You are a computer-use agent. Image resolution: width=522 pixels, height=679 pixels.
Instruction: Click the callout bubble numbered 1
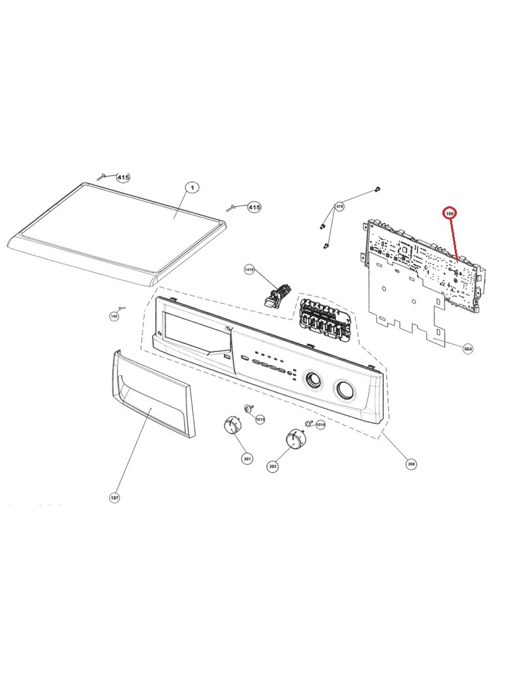tap(192, 187)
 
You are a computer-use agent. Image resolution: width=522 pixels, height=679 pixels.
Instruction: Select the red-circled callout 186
tap(450, 213)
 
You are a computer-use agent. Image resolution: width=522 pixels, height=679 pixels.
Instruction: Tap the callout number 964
tap(467, 349)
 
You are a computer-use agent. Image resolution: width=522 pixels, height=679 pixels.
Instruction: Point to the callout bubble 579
tap(339, 206)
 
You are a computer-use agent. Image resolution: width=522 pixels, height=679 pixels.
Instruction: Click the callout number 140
tap(114, 317)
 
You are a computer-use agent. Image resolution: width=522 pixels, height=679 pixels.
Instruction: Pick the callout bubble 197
tap(114, 498)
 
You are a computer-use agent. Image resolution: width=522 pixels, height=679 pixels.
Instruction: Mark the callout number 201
tap(247, 459)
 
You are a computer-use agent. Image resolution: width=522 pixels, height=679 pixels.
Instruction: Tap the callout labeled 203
tap(273, 466)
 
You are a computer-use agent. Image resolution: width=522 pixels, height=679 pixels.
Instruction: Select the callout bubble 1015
tap(259, 419)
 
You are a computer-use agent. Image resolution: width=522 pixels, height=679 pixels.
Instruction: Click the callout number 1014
tap(320, 425)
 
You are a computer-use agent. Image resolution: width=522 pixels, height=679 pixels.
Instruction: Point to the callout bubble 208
tap(411, 464)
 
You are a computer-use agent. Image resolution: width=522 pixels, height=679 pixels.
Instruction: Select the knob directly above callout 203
tap(294, 439)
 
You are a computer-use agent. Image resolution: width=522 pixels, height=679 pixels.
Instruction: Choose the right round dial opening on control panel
tap(343, 390)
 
